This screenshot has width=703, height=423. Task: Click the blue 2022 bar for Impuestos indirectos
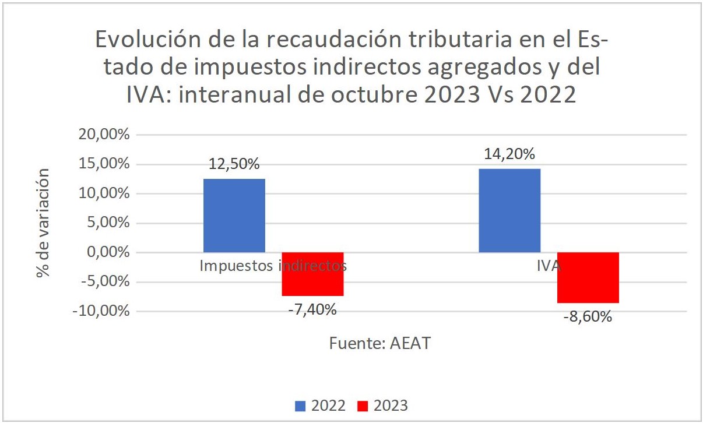click(x=234, y=215)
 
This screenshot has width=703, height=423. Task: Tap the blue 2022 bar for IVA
click(x=509, y=210)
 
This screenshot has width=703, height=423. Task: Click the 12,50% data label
click(x=234, y=164)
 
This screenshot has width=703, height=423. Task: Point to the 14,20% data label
click(x=509, y=154)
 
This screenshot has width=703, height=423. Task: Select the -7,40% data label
click(x=312, y=309)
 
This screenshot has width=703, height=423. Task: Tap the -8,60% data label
click(x=588, y=318)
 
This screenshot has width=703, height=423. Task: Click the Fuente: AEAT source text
click(x=379, y=343)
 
